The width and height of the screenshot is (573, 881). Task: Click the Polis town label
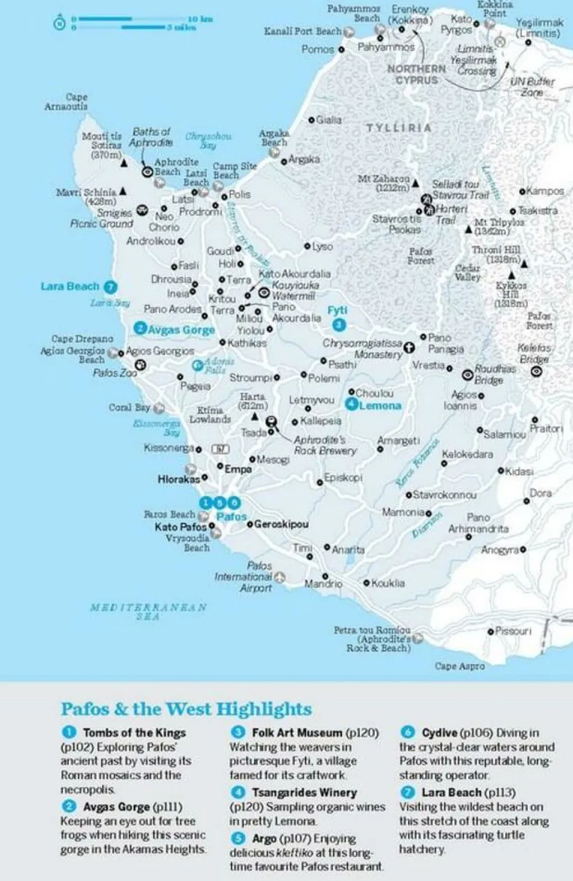pyautogui.click(x=240, y=194)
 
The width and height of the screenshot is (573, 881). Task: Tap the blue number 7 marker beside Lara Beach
pyautogui.click(x=111, y=286)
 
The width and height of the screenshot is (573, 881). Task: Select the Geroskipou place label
pyautogui.click(x=281, y=524)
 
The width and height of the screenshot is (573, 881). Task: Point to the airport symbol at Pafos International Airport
pyautogui.click(x=279, y=577)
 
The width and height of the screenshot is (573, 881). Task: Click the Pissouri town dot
pyautogui.click(x=490, y=631)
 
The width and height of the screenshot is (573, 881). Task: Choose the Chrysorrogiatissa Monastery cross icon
pyautogui.click(x=409, y=347)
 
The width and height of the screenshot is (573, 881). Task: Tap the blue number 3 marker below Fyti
pyautogui.click(x=339, y=325)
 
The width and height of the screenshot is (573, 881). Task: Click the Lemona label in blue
pyautogui.click(x=380, y=406)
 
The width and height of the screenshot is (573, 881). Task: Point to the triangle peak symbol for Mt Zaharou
pyautogui.click(x=415, y=183)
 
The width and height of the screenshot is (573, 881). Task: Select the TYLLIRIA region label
pyautogui.click(x=399, y=128)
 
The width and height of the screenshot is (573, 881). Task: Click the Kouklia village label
pyautogui.click(x=388, y=583)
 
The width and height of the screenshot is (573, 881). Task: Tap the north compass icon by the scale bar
pyautogui.click(x=59, y=23)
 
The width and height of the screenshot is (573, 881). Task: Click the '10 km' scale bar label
pyautogui.click(x=200, y=19)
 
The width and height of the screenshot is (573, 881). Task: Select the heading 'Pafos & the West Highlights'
pyautogui.click(x=186, y=709)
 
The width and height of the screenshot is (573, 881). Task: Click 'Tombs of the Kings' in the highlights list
pyautogui.click(x=134, y=733)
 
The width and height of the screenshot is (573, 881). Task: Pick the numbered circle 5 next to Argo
pyautogui.click(x=238, y=839)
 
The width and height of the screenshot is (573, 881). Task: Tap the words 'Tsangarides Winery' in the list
pyautogui.click(x=304, y=792)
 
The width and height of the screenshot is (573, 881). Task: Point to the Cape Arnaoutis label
pyautogui.click(x=66, y=101)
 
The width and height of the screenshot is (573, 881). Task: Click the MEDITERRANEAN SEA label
pyautogui.click(x=148, y=611)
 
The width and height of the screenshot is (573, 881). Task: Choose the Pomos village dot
pyautogui.click(x=342, y=49)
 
